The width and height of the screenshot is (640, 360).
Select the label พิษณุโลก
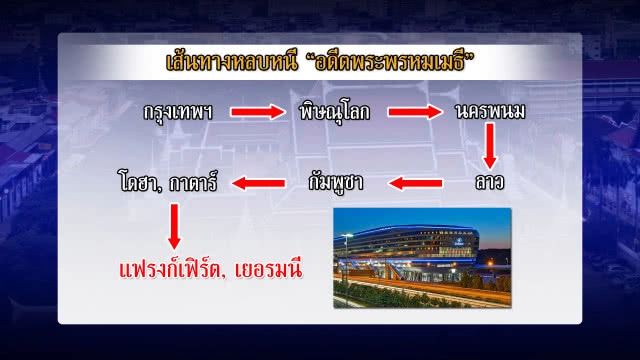coord(335,112)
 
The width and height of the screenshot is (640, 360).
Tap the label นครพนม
coord(491,112)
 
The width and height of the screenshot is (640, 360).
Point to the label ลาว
coord(490,183)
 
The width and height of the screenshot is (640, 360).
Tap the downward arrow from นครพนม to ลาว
coord(490,148)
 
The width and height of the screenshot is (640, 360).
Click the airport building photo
coord(421,257)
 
